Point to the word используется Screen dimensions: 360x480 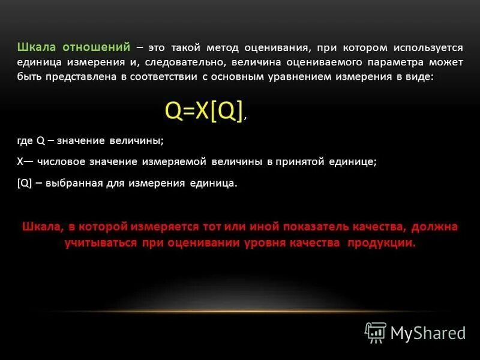click(x=428, y=47)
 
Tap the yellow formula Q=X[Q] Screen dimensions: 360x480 click(x=204, y=111)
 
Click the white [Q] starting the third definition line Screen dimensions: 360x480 click(x=25, y=184)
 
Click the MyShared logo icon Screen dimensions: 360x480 click(x=376, y=332)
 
